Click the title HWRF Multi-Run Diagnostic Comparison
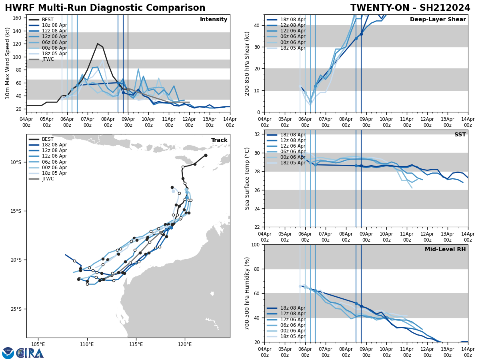click(105, 8)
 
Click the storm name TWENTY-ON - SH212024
click(410, 8)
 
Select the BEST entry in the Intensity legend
click(48, 20)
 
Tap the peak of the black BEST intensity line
click(98, 44)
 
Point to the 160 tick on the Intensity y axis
click(18, 18)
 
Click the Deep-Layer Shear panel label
click(438, 20)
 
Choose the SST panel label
click(460, 135)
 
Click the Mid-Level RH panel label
click(445, 250)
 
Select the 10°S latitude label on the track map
click(16, 162)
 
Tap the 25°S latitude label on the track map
click(16, 309)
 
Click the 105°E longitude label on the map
click(38, 344)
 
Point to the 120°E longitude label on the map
click(185, 344)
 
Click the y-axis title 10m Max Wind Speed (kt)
click(7, 63)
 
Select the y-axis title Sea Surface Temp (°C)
click(247, 178)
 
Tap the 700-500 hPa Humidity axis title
click(247, 293)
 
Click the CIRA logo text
click(30, 353)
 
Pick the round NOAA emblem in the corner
click(8, 353)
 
